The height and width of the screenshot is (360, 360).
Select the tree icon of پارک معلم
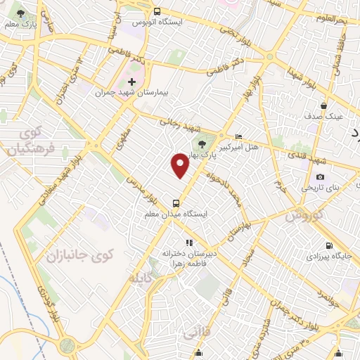click(20, 14)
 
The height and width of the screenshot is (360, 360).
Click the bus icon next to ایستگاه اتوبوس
click(156, 11)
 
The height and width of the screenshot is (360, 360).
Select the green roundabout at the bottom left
click(68, 345)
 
